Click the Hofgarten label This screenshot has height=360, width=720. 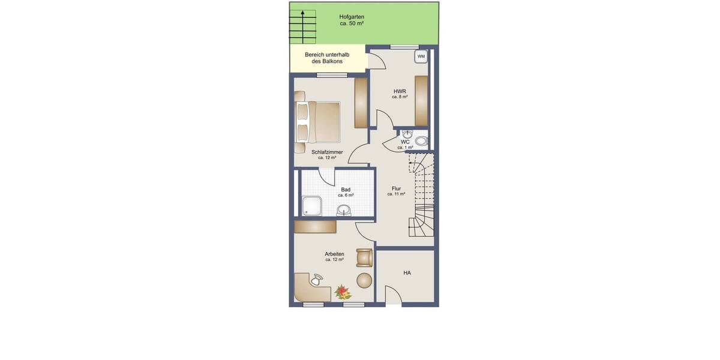click(x=352, y=17)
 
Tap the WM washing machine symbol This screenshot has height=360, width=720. click(x=421, y=56)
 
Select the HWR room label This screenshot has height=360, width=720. click(x=400, y=91)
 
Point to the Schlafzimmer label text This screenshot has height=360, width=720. click(x=327, y=152)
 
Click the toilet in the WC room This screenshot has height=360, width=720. click(x=421, y=142)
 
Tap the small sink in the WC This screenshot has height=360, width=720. click(x=407, y=134)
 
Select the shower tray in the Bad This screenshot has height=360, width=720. click(x=311, y=206)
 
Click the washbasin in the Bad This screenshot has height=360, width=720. click(x=344, y=210)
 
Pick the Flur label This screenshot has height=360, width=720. click(x=396, y=188)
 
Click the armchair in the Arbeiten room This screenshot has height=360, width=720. click(x=364, y=257)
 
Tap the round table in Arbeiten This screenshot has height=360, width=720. click(x=364, y=280)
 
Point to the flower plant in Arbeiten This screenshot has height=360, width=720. click(x=343, y=292)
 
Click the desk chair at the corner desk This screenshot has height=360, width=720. click(x=316, y=278)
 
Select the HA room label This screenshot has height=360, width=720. click(x=407, y=273)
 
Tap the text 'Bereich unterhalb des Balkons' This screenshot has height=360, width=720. click(x=327, y=58)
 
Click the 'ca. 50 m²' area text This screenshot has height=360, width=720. click(x=352, y=24)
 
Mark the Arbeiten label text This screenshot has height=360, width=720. click(x=334, y=254)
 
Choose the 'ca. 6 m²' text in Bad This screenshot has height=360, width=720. click(x=346, y=196)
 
